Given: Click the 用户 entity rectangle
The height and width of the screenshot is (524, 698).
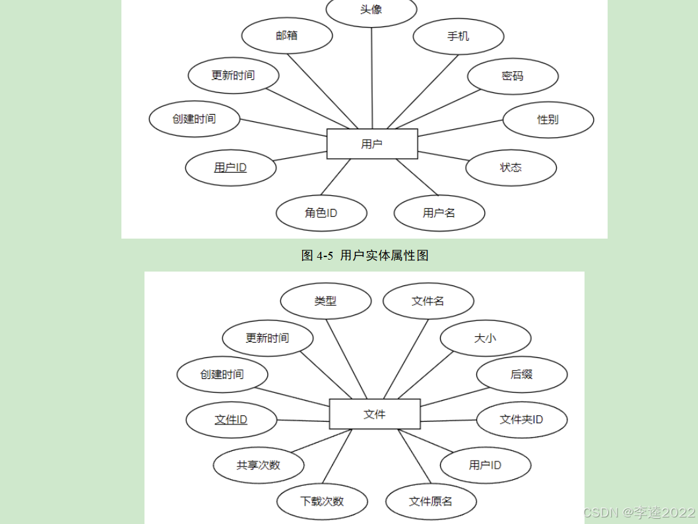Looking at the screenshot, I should (x=372, y=144).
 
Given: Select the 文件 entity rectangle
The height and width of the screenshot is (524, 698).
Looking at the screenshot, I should (x=374, y=414).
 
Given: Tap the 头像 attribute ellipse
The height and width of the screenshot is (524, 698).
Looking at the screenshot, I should (x=371, y=10).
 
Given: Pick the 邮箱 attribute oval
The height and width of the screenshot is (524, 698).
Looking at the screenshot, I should (x=287, y=36).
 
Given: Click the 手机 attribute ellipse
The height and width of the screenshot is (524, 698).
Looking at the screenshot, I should (x=459, y=36).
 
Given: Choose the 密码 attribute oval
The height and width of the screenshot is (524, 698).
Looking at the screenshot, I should (x=513, y=76).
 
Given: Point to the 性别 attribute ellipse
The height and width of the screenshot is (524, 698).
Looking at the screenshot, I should (x=548, y=119).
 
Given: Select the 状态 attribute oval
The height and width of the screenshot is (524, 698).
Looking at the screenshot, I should (x=511, y=167).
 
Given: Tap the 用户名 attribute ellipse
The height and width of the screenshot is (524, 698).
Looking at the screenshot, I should (x=439, y=213).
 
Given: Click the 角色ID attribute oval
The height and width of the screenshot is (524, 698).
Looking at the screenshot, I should (x=321, y=213).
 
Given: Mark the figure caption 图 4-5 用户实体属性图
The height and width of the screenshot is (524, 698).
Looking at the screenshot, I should (x=365, y=256).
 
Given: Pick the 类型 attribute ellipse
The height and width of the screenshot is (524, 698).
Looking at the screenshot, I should (x=325, y=301).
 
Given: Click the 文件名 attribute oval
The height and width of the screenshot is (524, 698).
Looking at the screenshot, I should (x=428, y=301).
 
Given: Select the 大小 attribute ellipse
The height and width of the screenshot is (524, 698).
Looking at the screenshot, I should (x=485, y=338).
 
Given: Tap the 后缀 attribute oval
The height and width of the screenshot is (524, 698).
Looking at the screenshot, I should (x=522, y=374).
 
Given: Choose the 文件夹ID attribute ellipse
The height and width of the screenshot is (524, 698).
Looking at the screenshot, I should (x=522, y=419).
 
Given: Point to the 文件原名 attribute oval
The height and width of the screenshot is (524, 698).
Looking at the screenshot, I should (x=431, y=501).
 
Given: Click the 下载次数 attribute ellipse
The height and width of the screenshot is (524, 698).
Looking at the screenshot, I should (x=322, y=501).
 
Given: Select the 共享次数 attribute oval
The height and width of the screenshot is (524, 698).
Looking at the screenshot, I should (x=259, y=465).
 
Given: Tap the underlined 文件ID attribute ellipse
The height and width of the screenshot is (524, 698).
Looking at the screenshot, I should (x=232, y=419).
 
